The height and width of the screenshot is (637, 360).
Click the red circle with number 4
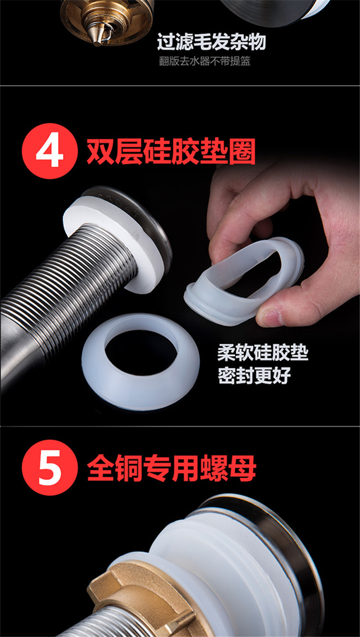click(x=50, y=151)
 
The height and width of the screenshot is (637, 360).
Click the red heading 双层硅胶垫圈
click(x=171, y=151)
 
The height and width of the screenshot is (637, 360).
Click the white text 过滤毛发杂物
click(x=211, y=42)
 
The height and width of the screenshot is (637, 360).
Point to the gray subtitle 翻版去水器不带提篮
click(x=205, y=61)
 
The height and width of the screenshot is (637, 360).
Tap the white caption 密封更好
click(x=254, y=375)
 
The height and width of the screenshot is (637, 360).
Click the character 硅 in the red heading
click(x=157, y=151)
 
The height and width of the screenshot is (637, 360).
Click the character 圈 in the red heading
click(x=242, y=151)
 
